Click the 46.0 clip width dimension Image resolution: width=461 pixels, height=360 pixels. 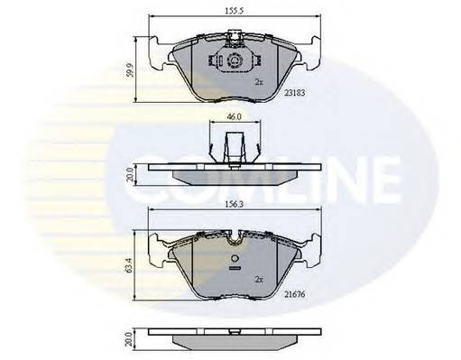click(235, 117)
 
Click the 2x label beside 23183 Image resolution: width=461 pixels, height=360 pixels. click(259, 82)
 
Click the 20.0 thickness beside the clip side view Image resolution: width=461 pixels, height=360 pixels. click(131, 174)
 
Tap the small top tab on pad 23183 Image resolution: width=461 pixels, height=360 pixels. click(235, 39)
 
